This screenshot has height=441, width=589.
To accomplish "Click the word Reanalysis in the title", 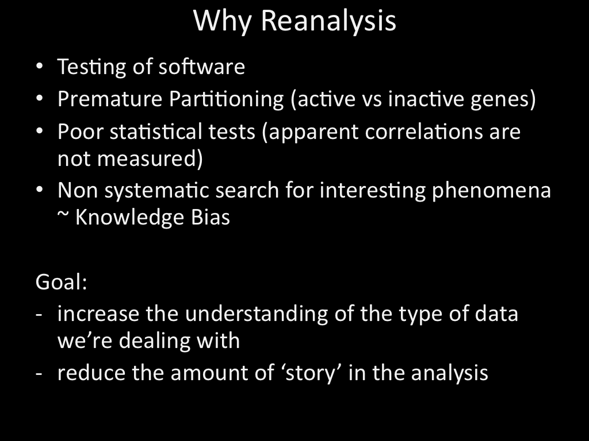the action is point(328,21).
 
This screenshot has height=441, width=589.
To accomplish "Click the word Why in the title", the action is point(222,22).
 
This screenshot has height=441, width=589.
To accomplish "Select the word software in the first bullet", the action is point(202,67).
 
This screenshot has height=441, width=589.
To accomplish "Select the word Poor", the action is point(81,131).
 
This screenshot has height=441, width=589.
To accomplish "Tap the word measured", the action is point(147,158).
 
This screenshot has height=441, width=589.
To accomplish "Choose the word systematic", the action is point(156,190).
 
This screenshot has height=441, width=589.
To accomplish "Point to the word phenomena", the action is point(491,191).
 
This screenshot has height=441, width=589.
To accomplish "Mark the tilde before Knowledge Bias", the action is point(63,215).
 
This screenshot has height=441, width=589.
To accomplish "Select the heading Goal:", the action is point(61,281).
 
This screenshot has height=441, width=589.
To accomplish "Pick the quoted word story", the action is point(310,373).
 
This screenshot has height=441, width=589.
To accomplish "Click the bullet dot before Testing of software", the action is point(40,67).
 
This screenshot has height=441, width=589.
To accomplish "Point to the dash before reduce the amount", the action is point(39,374).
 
